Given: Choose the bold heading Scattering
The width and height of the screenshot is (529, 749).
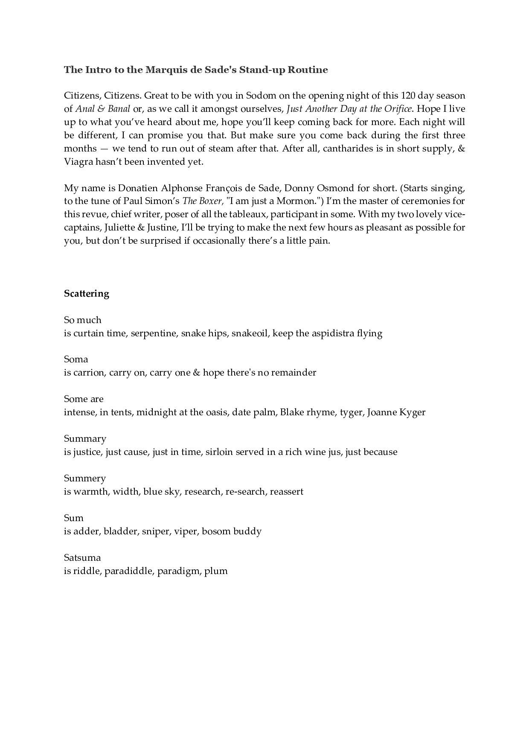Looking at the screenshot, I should point(87,294).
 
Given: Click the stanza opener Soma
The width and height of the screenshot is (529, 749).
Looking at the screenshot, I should point(76,359).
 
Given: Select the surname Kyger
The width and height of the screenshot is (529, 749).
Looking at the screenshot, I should point(412,412).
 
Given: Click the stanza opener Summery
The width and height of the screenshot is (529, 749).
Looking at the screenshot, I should point(85,478).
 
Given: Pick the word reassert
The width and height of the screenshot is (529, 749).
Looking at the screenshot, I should point(287,492).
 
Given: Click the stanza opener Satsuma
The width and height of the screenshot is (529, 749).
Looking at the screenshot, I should point(82,558).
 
